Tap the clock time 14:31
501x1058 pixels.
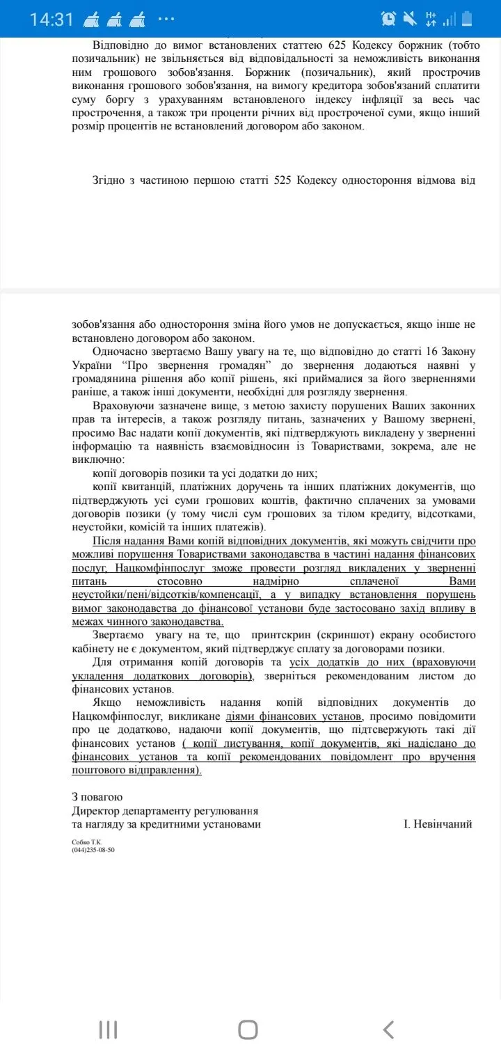51,19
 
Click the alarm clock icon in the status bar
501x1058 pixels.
389,19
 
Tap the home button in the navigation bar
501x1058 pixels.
248,1029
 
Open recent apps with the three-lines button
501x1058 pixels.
108,1029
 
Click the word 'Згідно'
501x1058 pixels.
110,180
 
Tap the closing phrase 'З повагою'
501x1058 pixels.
97,797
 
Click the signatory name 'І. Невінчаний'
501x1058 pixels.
438,824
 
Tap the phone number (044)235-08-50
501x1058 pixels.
93,850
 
